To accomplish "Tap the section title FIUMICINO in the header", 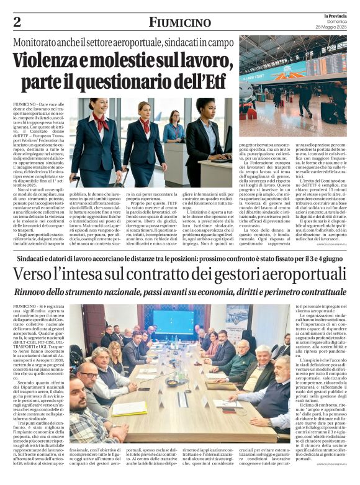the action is [179, 22].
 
